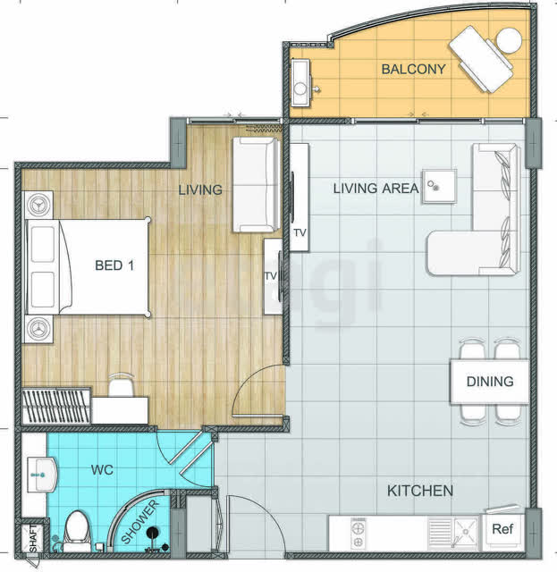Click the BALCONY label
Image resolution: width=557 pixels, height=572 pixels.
413,69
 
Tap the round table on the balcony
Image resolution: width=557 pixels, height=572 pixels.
509,40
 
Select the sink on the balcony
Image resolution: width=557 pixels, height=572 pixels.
300,83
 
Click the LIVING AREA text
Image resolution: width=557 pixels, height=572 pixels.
376,189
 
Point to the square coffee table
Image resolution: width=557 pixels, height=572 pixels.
439,186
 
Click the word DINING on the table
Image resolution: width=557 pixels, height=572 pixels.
490,382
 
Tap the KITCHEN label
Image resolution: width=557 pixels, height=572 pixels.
419,491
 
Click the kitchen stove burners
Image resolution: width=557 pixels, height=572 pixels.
358,534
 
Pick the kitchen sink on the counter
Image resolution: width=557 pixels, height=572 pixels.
465,533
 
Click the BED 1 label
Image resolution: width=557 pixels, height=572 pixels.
114,265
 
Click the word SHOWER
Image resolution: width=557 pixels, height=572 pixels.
139,522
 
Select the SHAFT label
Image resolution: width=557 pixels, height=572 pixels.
33,538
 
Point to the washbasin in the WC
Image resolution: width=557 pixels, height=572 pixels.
42,475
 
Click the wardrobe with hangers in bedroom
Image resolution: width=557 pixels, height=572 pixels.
56,406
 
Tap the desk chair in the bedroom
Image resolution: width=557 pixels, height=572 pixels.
122,385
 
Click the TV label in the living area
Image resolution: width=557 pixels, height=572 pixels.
300,232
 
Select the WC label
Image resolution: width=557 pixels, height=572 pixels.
102,470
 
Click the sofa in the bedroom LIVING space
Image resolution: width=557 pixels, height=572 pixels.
257,185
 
